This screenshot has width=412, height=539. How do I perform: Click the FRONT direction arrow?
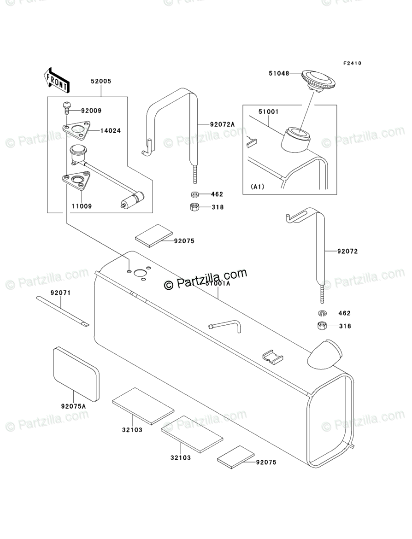(57, 79)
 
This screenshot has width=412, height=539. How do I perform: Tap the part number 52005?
(101, 81)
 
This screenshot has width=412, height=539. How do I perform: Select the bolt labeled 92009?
(66, 107)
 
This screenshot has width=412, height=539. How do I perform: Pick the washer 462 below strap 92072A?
(194, 194)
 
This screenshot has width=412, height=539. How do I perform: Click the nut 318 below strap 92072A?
(194, 206)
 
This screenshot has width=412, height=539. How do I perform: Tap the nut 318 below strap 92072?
(322, 326)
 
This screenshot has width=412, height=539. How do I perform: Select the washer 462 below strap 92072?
(322, 313)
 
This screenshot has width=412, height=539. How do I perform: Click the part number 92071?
(61, 293)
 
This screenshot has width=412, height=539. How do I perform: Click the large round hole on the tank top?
(139, 273)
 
